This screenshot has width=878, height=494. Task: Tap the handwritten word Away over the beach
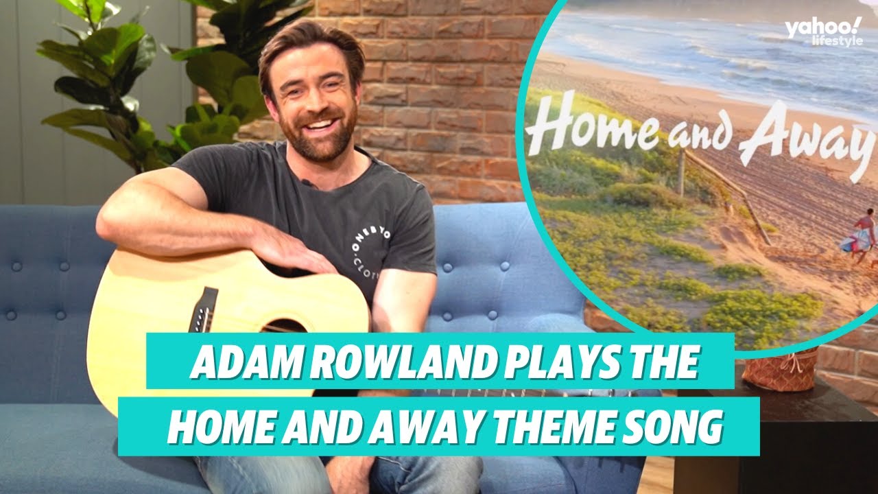click(x=803, y=141)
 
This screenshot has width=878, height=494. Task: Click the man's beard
click(x=319, y=137)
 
